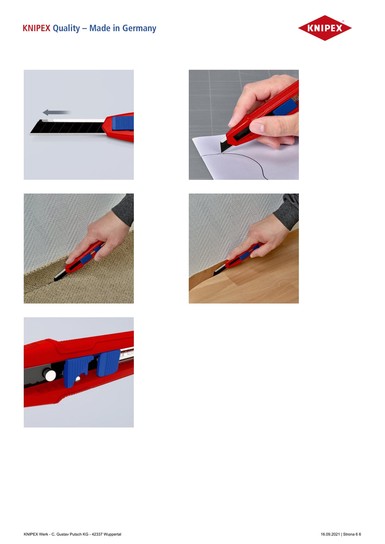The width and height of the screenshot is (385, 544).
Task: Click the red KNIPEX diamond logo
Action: (325, 28)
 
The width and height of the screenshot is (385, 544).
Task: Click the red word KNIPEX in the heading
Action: (36, 28)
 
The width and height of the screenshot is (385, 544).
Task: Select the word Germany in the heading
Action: (139, 29)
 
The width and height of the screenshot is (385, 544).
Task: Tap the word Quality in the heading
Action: (66, 29)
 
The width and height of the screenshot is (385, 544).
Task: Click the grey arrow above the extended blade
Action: (57, 112)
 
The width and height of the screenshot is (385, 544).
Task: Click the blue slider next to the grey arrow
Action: (123, 123)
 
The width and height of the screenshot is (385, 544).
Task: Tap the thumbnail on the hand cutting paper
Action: (257, 127)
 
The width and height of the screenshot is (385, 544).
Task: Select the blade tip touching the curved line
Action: (222, 152)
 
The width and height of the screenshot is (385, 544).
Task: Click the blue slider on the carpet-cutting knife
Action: (85, 259)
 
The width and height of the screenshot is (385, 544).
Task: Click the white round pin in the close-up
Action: (50, 375)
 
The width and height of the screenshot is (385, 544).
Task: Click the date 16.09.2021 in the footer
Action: (330, 534)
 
